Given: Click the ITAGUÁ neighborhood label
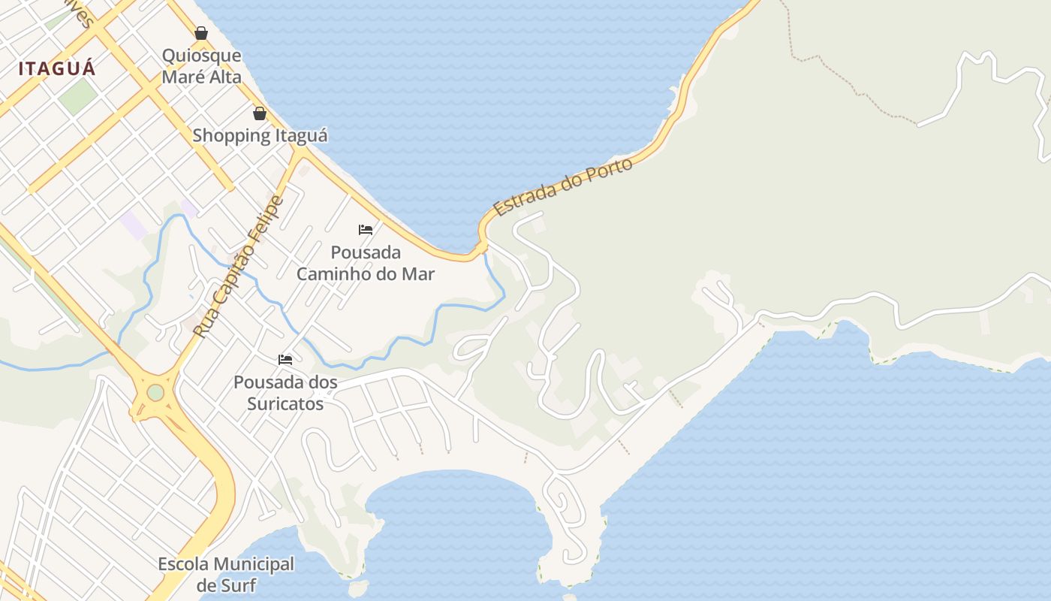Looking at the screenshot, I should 57,68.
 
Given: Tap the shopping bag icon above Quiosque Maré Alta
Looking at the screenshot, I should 201,33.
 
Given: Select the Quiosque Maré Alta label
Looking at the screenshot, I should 202,66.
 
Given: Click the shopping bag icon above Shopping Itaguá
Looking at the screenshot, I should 260,113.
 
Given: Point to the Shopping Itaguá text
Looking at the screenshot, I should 260,136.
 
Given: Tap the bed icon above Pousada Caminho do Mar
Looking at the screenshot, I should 366,229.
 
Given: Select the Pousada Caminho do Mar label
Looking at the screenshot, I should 366,263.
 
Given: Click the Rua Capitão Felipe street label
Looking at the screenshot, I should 239,266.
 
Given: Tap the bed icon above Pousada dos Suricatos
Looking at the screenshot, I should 285,359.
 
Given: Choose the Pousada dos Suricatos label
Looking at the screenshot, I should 285,393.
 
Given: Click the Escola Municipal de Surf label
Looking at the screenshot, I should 226,574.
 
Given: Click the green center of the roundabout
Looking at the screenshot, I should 155,392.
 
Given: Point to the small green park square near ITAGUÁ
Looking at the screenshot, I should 78,96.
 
